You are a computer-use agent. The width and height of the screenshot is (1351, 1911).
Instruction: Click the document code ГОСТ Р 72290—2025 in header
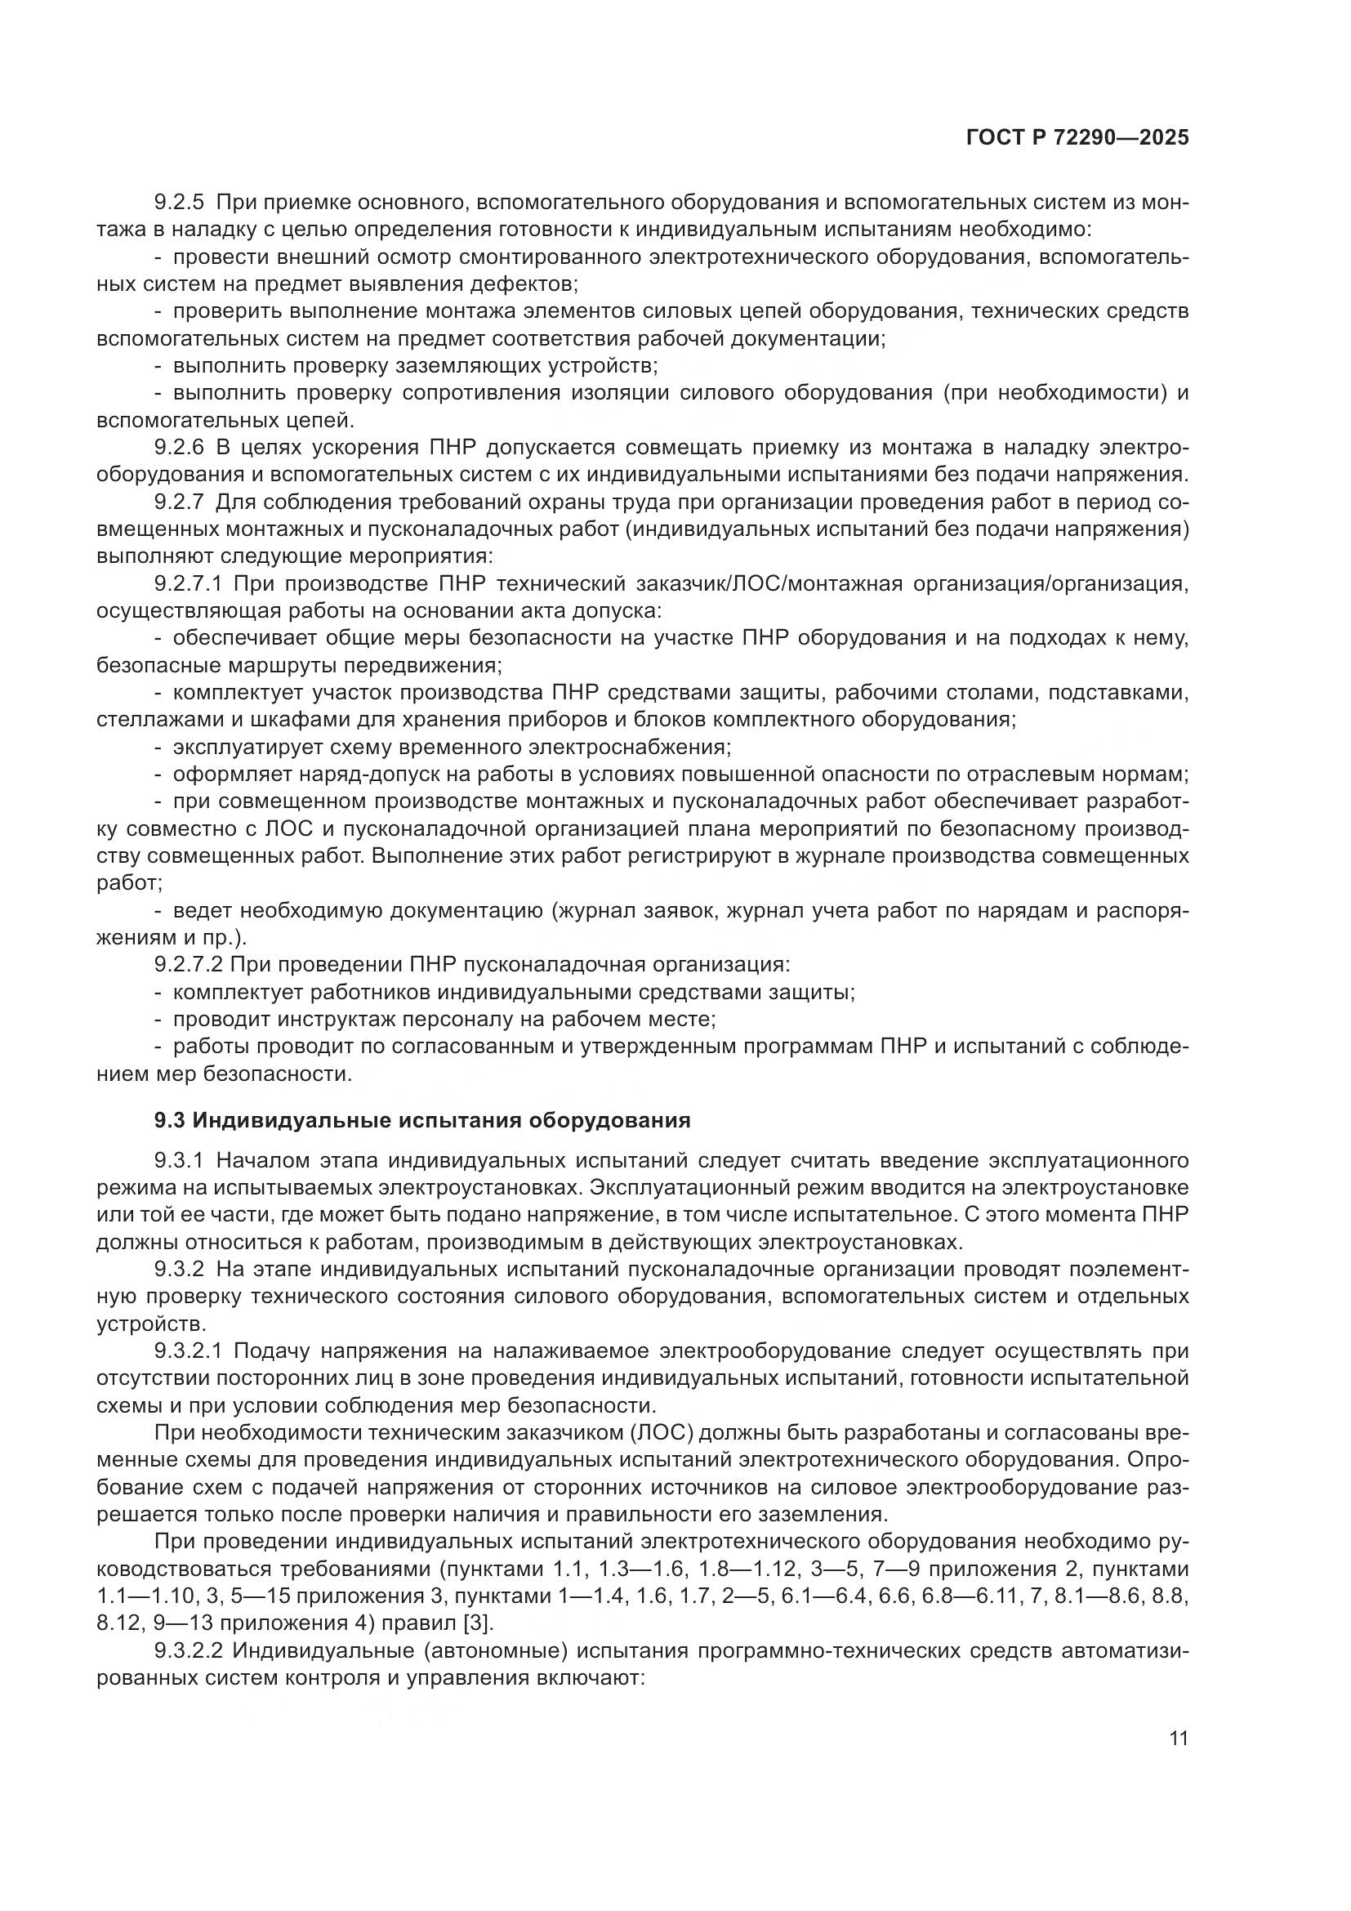tap(1077, 138)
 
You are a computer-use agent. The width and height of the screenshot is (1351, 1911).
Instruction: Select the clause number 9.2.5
tap(179, 203)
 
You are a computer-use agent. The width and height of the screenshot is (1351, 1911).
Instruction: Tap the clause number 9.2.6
tap(179, 448)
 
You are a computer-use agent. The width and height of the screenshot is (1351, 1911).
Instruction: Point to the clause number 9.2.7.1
tap(187, 584)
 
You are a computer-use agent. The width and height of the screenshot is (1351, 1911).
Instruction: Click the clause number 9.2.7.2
tap(187, 965)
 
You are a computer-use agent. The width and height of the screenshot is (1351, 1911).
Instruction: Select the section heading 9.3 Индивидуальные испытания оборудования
tap(422, 1120)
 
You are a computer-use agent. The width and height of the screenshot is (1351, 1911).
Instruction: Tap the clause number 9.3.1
tap(179, 1160)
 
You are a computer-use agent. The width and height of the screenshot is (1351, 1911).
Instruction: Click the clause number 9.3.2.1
tap(187, 1350)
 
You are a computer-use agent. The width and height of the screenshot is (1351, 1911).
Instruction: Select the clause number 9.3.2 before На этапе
tap(179, 1270)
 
